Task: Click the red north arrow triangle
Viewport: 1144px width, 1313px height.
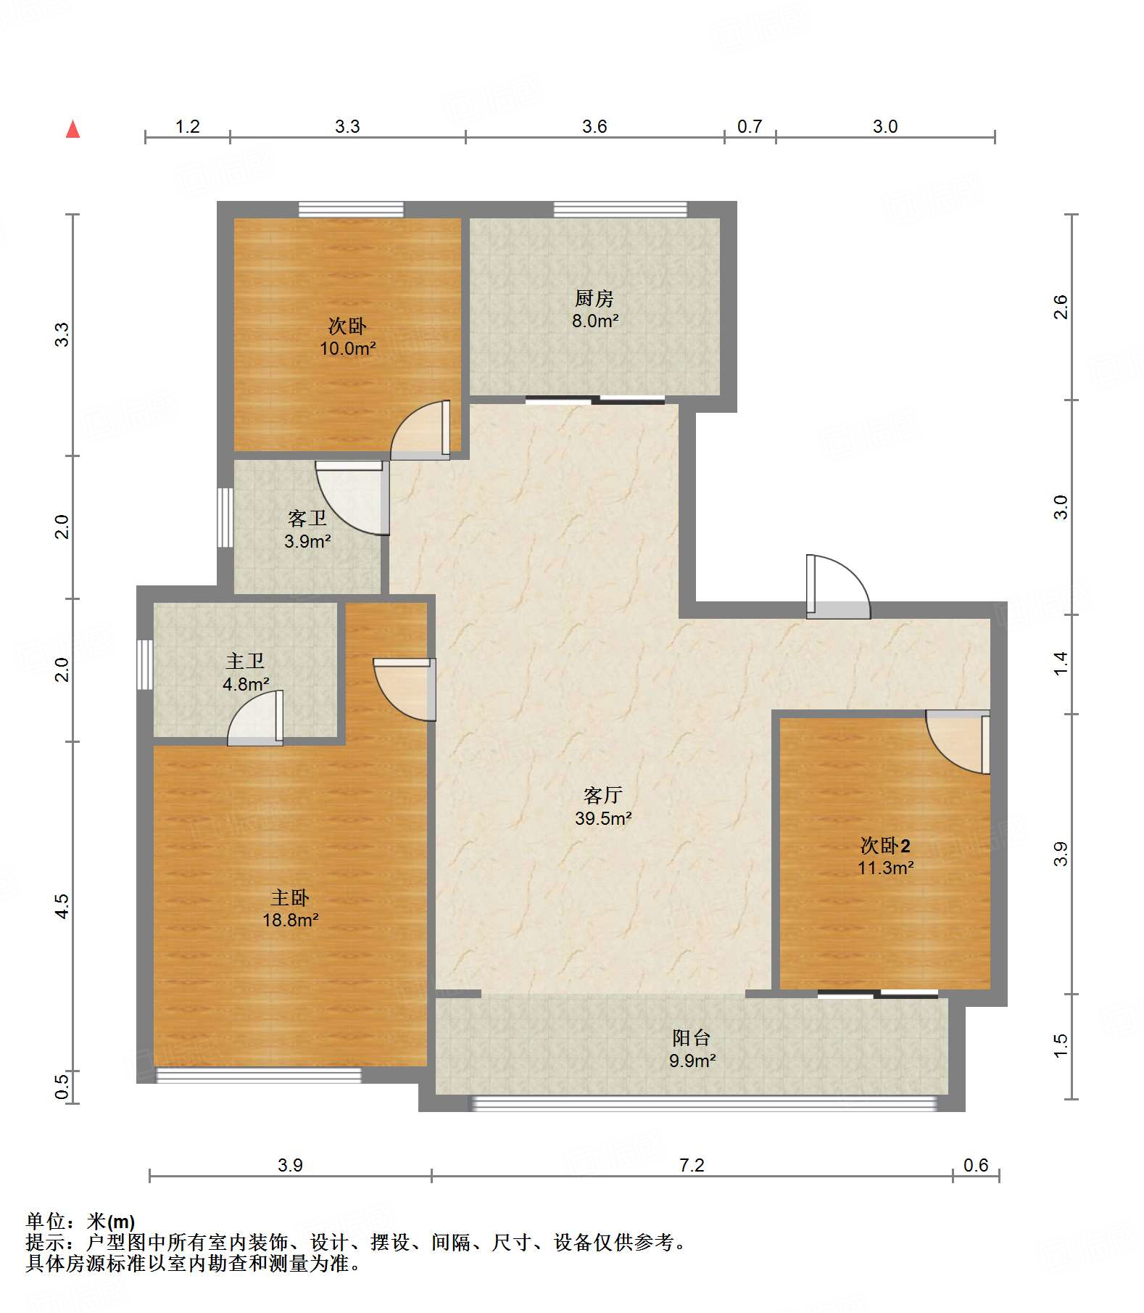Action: (x=72, y=129)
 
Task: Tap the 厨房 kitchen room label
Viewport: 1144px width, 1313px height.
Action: (x=594, y=298)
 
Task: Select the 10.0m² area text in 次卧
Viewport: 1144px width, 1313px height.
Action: (x=348, y=349)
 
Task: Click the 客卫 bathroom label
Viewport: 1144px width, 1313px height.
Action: (x=307, y=519)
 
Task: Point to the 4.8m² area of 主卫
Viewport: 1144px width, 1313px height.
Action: (x=246, y=684)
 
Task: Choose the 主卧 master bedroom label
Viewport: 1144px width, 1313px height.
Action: (x=290, y=898)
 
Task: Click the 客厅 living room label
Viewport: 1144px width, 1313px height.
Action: (x=602, y=796)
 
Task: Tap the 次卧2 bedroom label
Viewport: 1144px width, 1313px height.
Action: (x=885, y=845)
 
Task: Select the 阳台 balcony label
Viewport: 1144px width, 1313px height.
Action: (x=692, y=1038)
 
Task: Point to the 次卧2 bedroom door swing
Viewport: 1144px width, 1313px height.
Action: (x=958, y=742)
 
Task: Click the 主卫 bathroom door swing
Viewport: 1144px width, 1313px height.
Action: (x=255, y=717)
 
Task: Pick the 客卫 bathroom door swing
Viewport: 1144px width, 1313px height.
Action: (x=352, y=498)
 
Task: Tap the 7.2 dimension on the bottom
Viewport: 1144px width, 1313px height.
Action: (x=692, y=1166)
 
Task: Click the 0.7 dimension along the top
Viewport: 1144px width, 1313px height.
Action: (x=750, y=127)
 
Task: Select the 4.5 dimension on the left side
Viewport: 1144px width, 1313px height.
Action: (x=62, y=906)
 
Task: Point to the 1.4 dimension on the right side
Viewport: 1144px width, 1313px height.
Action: (x=1061, y=664)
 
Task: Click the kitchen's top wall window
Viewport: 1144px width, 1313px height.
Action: (x=620, y=210)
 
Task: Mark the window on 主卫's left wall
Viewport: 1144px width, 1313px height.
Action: (x=145, y=664)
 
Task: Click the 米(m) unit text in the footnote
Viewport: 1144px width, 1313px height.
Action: (x=111, y=1222)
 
